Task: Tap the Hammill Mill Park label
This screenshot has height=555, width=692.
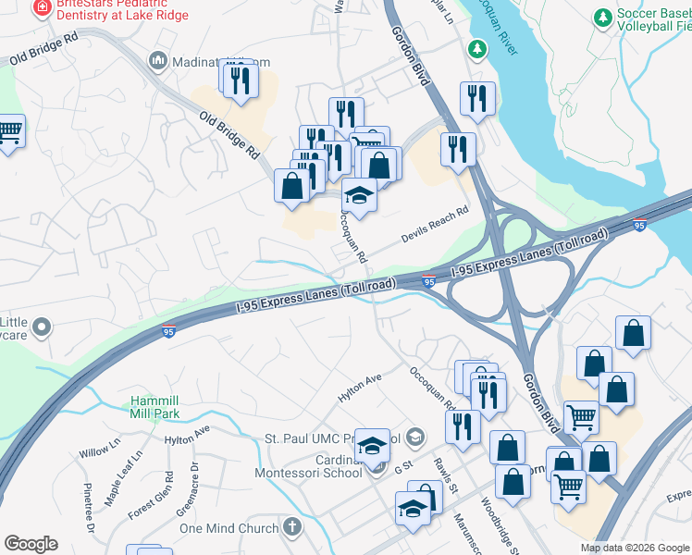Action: [x=160, y=407]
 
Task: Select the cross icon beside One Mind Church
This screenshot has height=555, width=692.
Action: [x=292, y=528]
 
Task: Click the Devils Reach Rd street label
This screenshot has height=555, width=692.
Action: [x=435, y=225]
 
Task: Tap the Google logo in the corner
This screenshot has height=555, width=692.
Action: [x=31, y=544]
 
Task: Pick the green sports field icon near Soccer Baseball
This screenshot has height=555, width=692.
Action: [x=603, y=18]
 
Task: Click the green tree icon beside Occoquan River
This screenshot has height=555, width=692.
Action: [x=477, y=48]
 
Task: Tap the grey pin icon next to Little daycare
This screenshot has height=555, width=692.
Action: [x=42, y=327]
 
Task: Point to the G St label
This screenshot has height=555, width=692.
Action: [x=402, y=469]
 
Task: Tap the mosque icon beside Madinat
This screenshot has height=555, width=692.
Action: [x=157, y=62]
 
